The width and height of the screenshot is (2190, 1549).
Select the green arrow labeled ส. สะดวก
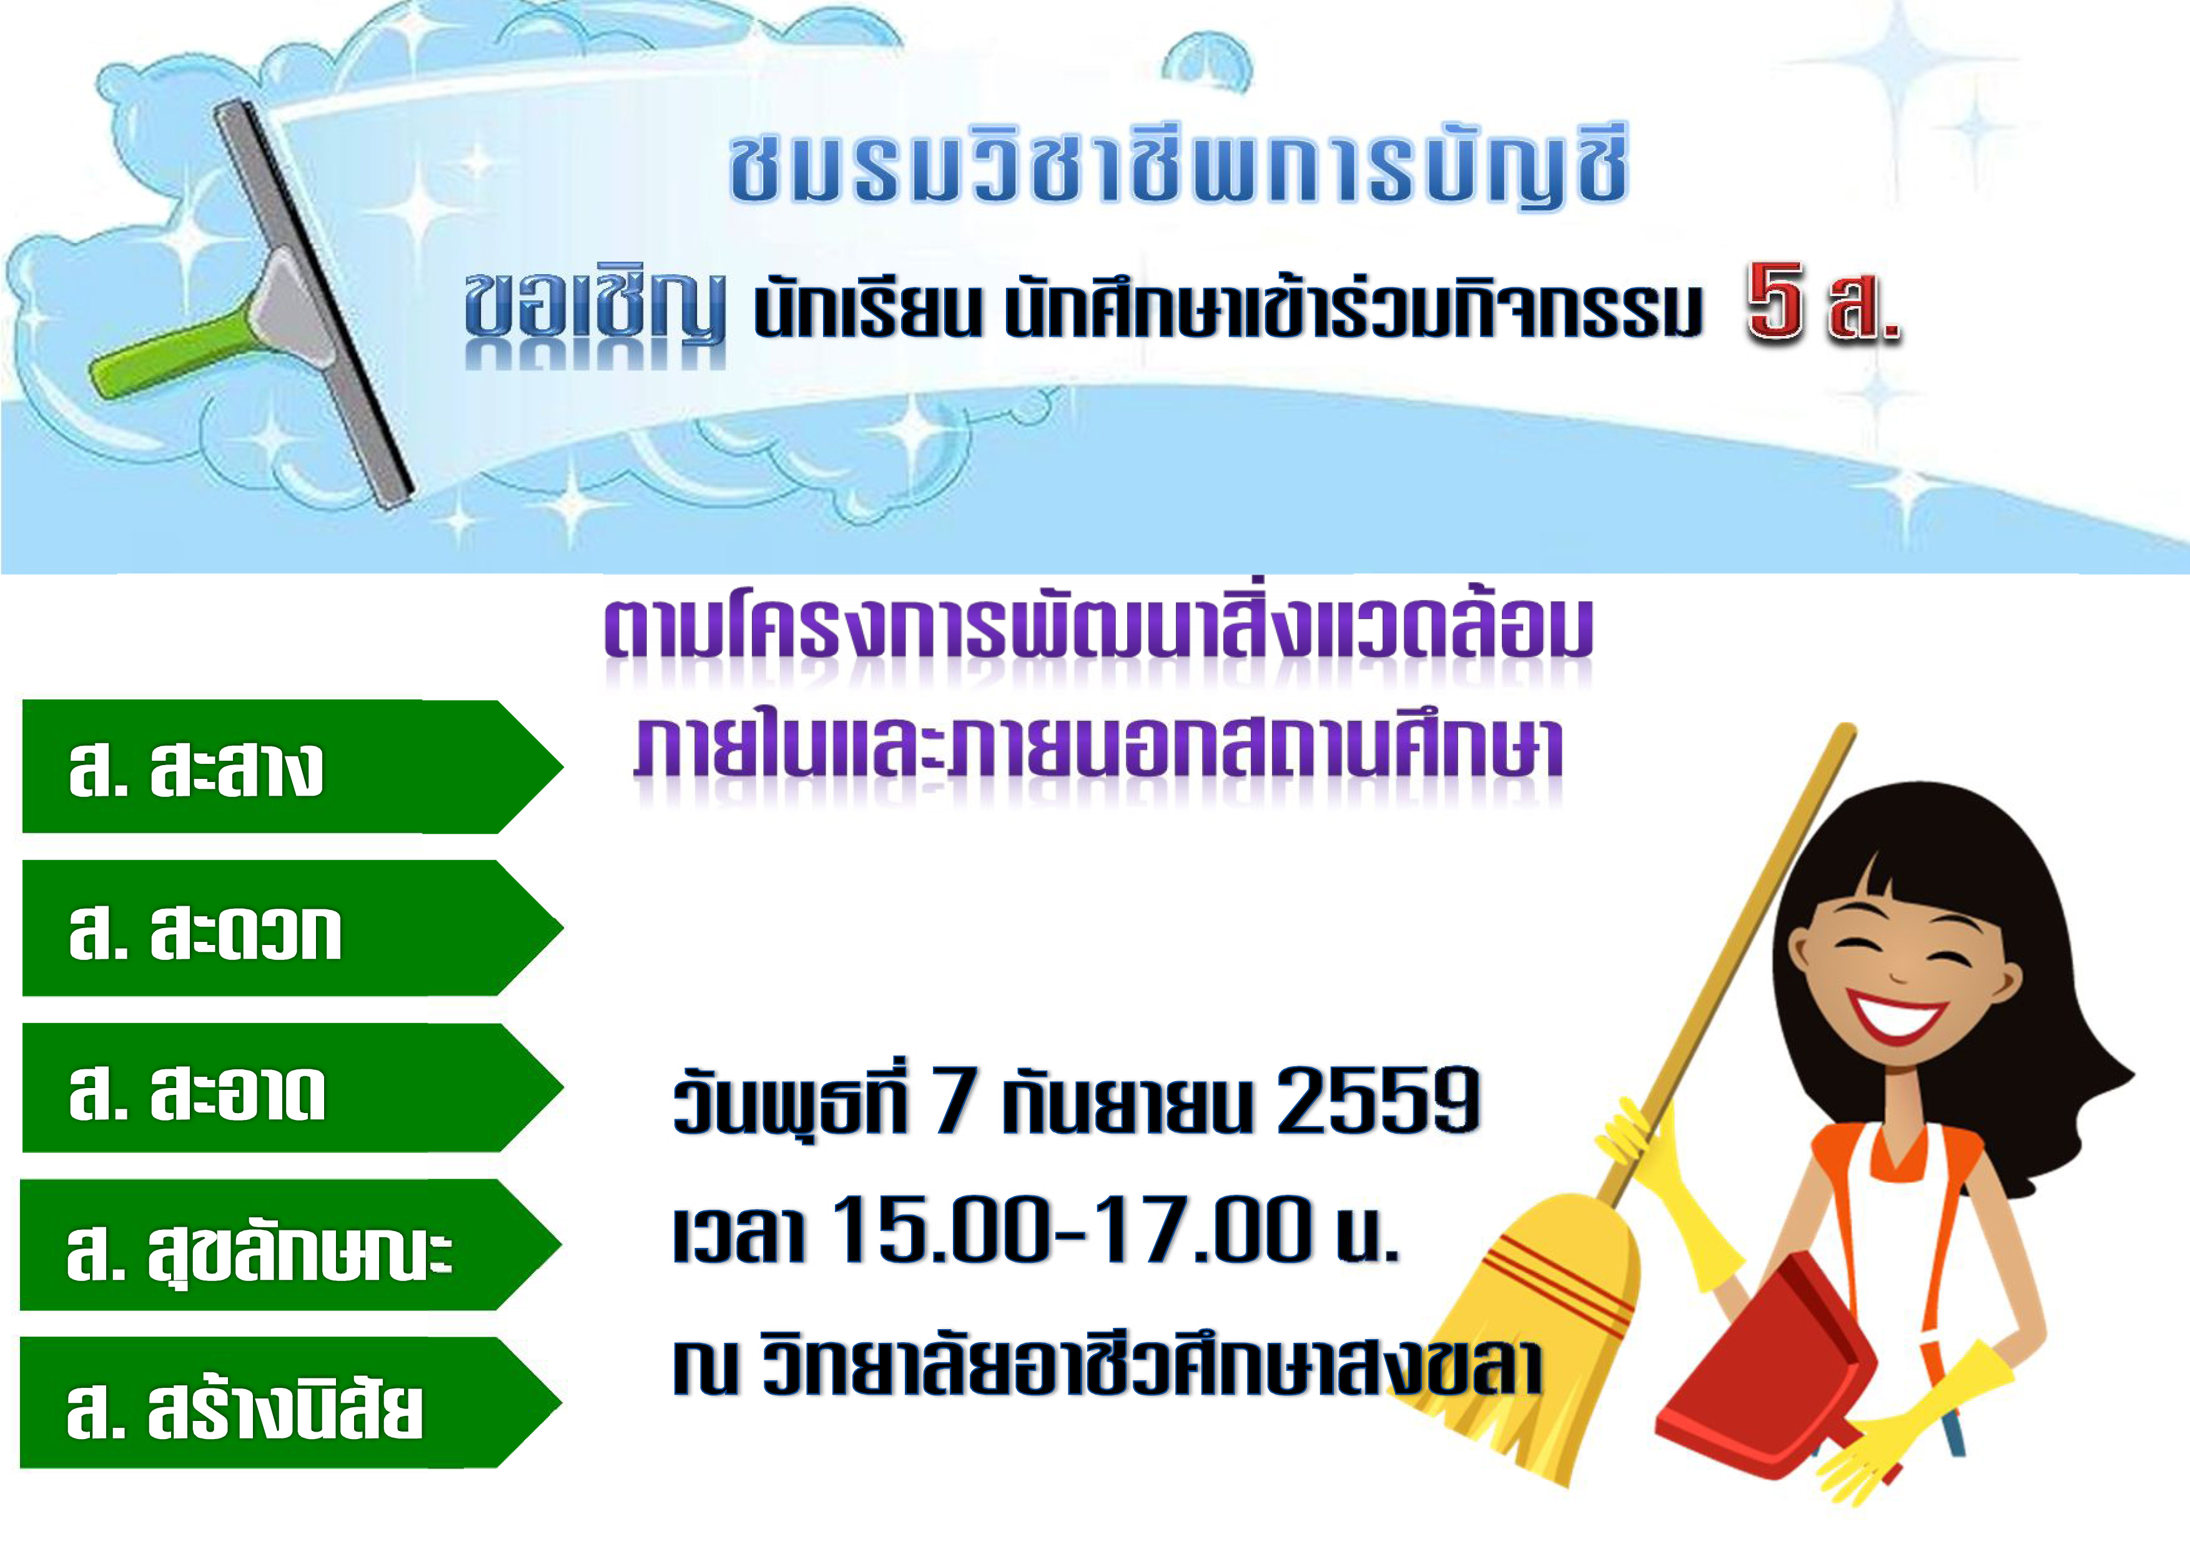291,928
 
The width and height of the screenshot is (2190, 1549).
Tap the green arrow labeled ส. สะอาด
291,1087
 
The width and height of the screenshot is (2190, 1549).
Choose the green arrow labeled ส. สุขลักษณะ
291,1245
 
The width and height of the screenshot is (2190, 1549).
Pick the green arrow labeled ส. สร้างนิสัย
291,1402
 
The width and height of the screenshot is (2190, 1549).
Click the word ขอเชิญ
594,307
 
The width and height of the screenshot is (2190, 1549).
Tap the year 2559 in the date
1378,1100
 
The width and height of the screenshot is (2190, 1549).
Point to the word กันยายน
1125,1102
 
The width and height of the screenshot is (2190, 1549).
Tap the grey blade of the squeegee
315,305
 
